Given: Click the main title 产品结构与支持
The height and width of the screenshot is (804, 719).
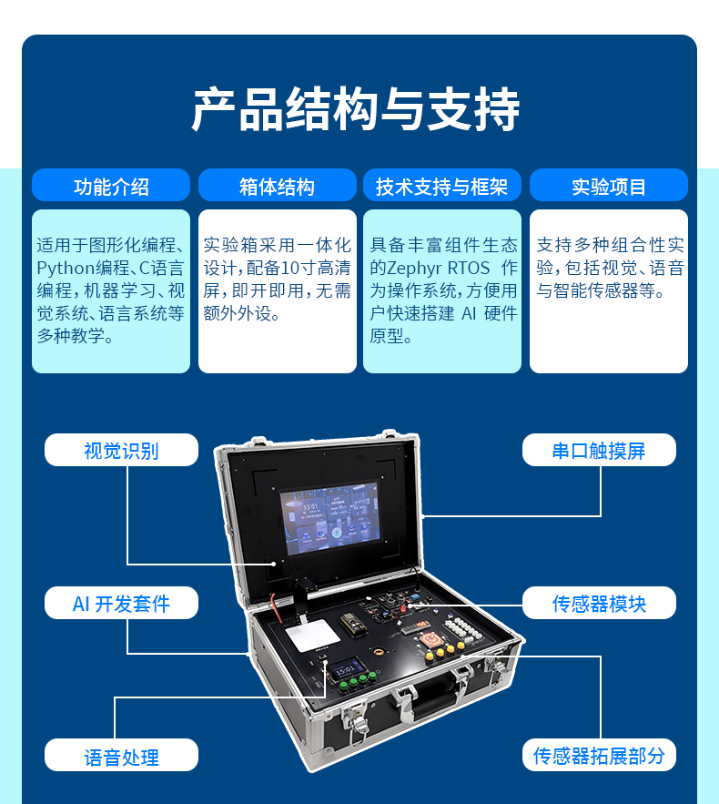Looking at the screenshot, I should [x=356, y=111].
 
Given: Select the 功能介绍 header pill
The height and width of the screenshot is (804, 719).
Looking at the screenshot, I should [x=111, y=187].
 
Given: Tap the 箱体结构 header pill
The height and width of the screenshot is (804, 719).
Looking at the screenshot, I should [x=277, y=187].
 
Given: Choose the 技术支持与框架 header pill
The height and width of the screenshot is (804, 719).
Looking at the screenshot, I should [x=442, y=187].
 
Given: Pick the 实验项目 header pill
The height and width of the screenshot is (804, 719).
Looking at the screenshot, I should [x=609, y=187].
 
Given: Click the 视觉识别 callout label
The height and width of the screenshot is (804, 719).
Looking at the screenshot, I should [x=121, y=450].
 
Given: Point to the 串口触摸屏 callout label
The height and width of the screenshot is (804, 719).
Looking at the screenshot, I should [x=599, y=450].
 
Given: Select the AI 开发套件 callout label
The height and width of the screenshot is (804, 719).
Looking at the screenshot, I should [x=121, y=603].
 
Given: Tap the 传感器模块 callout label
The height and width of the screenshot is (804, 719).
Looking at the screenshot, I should [x=599, y=603].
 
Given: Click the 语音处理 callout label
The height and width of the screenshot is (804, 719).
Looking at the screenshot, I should [x=121, y=756].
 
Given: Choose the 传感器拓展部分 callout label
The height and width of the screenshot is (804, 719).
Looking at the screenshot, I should [x=599, y=756].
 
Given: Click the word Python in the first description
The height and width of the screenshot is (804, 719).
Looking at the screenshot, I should [x=65, y=269].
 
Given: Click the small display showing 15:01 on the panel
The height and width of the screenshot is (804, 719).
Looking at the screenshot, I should [x=347, y=669].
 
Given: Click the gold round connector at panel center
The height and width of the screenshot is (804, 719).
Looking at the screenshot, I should [x=375, y=654].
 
